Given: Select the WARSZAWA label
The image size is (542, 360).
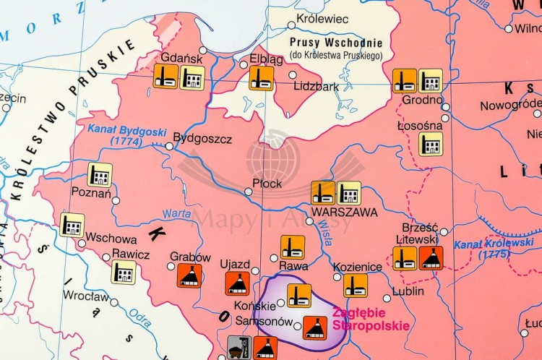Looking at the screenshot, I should (x=335, y=213).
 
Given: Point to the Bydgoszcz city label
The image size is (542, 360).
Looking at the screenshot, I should (x=203, y=137).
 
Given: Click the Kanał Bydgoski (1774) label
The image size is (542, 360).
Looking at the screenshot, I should (x=127, y=136).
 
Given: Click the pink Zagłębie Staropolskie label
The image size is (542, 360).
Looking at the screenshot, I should (x=361, y=320).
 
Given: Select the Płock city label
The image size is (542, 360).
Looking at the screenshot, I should (x=267, y=184).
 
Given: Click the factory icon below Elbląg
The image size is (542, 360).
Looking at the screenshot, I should (x=261, y=78).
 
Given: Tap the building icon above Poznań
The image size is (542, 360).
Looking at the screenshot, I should (x=100, y=174).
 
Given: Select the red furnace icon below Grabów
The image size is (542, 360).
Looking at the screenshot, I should (x=189, y=275).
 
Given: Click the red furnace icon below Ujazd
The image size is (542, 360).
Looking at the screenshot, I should (x=237, y=283).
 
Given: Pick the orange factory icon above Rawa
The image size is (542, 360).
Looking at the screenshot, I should (x=293, y=247).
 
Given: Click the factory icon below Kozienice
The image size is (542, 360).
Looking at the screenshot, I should (x=355, y=285).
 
